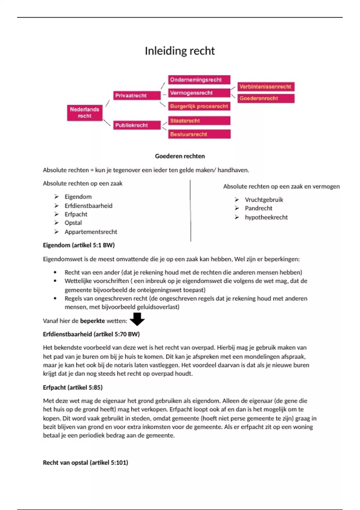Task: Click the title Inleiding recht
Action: [180, 51]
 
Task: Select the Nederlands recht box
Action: [85, 113]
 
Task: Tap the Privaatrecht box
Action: [137, 96]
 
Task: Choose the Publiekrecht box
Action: [137, 125]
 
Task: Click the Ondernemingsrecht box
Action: [199, 80]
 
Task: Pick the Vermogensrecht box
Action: [199, 93]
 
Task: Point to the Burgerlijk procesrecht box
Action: [199, 106]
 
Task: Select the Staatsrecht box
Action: [199, 121]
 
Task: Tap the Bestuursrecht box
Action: [199, 134]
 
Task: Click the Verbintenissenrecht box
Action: [266, 87]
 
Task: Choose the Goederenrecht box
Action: [266, 98]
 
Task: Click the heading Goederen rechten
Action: [180, 156]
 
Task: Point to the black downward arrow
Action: [137, 319]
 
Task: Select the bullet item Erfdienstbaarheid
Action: [88, 206]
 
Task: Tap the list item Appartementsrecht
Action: [91, 232]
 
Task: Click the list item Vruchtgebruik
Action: [264, 200]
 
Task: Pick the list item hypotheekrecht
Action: [266, 217]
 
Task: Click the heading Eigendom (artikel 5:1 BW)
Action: [79, 245]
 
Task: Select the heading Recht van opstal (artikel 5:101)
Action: [85, 463]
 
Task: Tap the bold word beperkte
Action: [92, 321]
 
